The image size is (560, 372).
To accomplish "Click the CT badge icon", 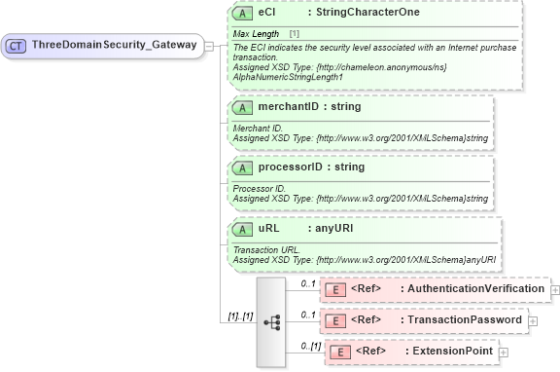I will click(x=17, y=45).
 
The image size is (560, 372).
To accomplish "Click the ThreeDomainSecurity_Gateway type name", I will click(x=114, y=45).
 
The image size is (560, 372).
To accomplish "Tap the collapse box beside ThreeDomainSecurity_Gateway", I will click(x=210, y=45).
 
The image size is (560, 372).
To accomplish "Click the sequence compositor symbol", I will click(x=271, y=320).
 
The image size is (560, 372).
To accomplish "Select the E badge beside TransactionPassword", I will click(x=334, y=319).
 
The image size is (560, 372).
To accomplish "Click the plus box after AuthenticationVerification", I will click(x=555, y=289).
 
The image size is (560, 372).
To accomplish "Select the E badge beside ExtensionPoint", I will click(x=340, y=351).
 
